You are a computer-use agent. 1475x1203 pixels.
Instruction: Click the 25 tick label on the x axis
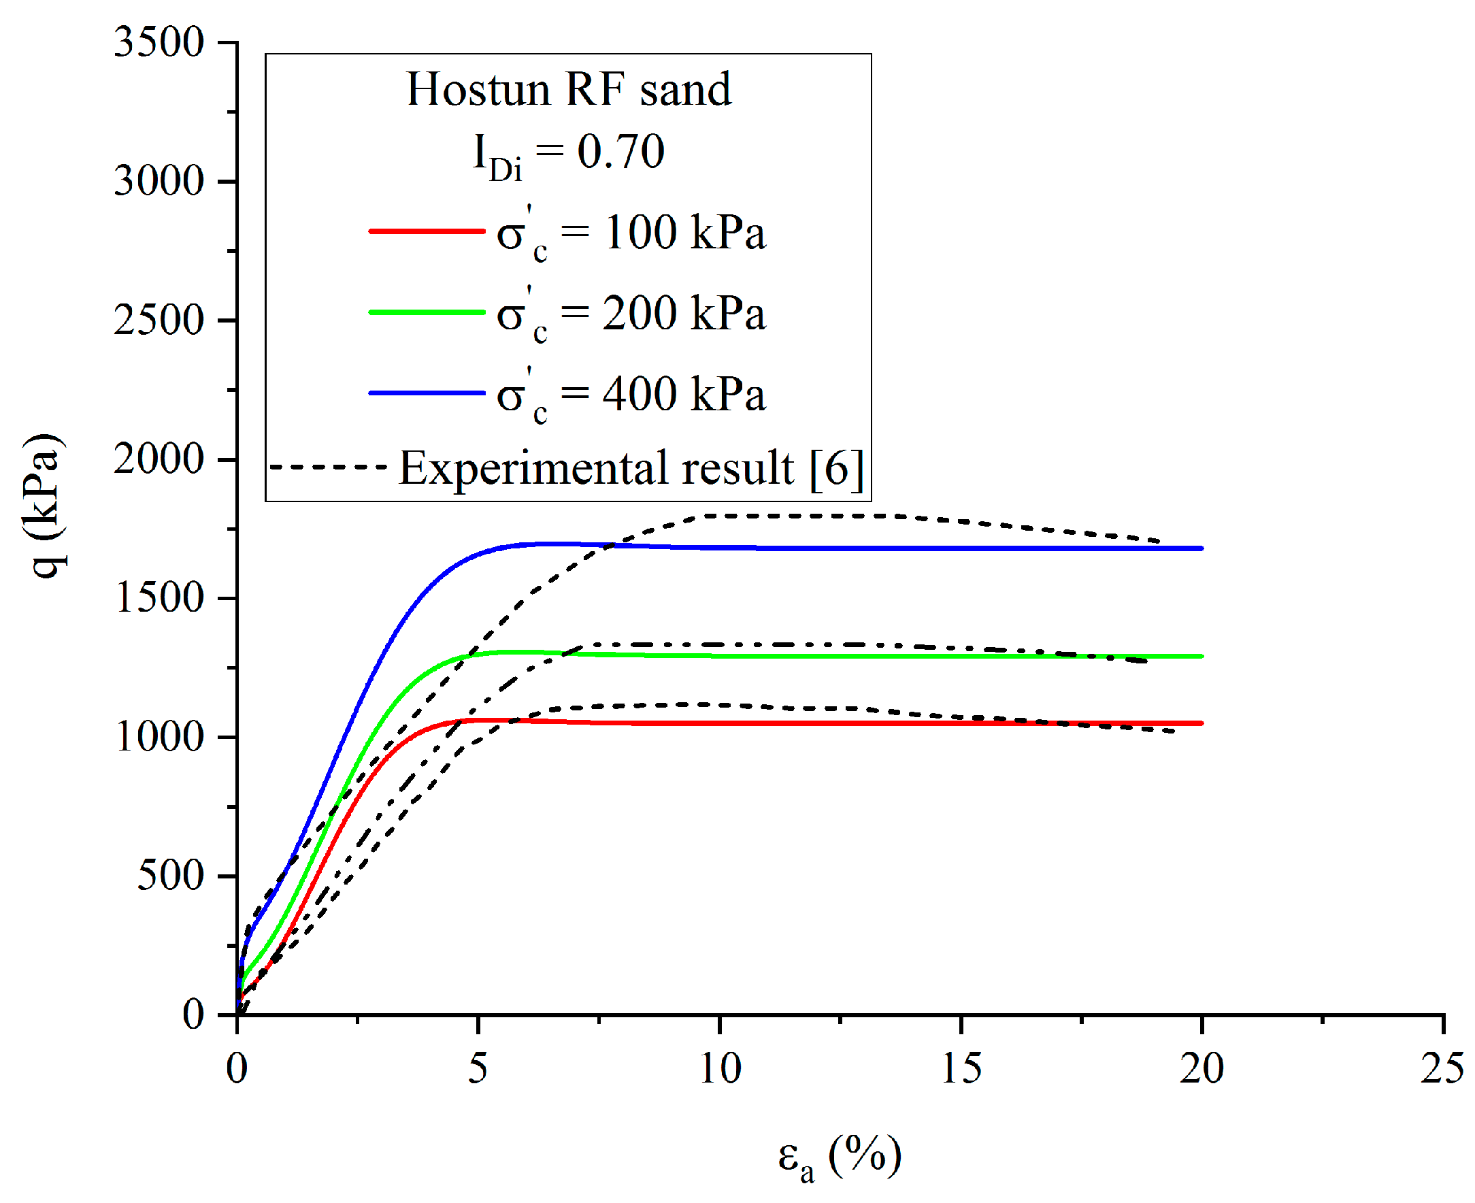(x=1442, y=1068)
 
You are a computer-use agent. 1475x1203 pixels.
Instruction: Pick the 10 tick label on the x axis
(x=719, y=1068)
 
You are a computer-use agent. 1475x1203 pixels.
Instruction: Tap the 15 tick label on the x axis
(x=960, y=1068)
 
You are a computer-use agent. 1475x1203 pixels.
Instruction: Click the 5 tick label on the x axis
(x=478, y=1068)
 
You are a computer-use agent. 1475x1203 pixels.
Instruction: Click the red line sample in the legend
(x=426, y=231)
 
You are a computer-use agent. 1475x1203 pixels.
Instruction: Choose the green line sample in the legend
(x=426, y=312)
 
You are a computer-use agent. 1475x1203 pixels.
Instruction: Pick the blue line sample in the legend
(x=426, y=393)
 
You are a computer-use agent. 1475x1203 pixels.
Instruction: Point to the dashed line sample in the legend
(x=328, y=467)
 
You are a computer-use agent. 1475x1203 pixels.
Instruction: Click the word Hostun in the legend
(x=478, y=89)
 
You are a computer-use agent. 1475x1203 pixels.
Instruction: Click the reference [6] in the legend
(x=836, y=468)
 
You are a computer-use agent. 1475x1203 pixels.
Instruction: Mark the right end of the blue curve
(x=1201, y=548)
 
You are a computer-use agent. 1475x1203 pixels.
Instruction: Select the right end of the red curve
(x=1201, y=723)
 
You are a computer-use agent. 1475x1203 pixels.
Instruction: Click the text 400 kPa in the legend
(x=683, y=393)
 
